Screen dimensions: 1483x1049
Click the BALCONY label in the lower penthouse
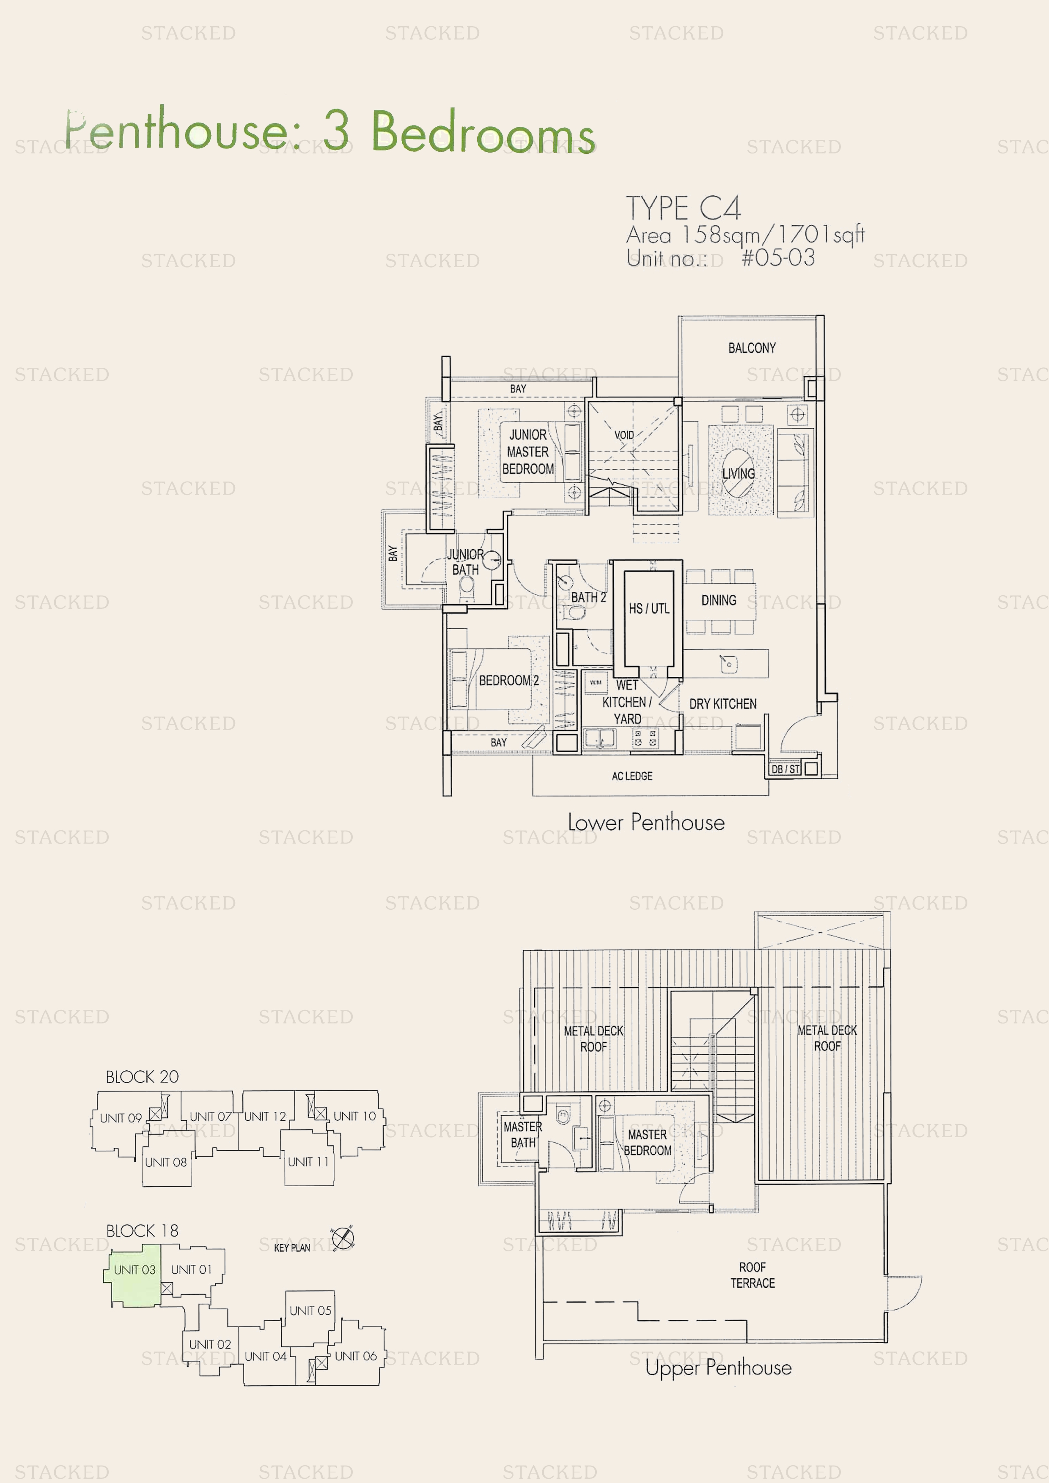coord(751,348)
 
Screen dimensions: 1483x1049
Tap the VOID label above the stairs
coord(624,435)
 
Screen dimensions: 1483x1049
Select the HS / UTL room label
coord(649,608)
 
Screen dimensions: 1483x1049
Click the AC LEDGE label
coord(632,776)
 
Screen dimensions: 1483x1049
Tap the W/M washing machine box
coord(595,682)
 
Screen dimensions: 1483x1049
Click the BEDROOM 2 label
coord(509,681)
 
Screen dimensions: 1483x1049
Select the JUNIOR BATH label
coord(465,562)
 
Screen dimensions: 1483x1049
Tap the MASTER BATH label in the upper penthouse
coord(522,1134)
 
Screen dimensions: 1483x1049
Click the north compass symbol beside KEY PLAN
coord(343,1238)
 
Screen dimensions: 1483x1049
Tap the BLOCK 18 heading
coord(142,1231)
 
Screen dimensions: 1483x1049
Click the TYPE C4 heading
coord(683,208)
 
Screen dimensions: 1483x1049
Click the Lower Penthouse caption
coord(646,822)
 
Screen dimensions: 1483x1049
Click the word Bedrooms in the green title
coord(482,132)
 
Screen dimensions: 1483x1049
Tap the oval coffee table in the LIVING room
coord(737,473)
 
